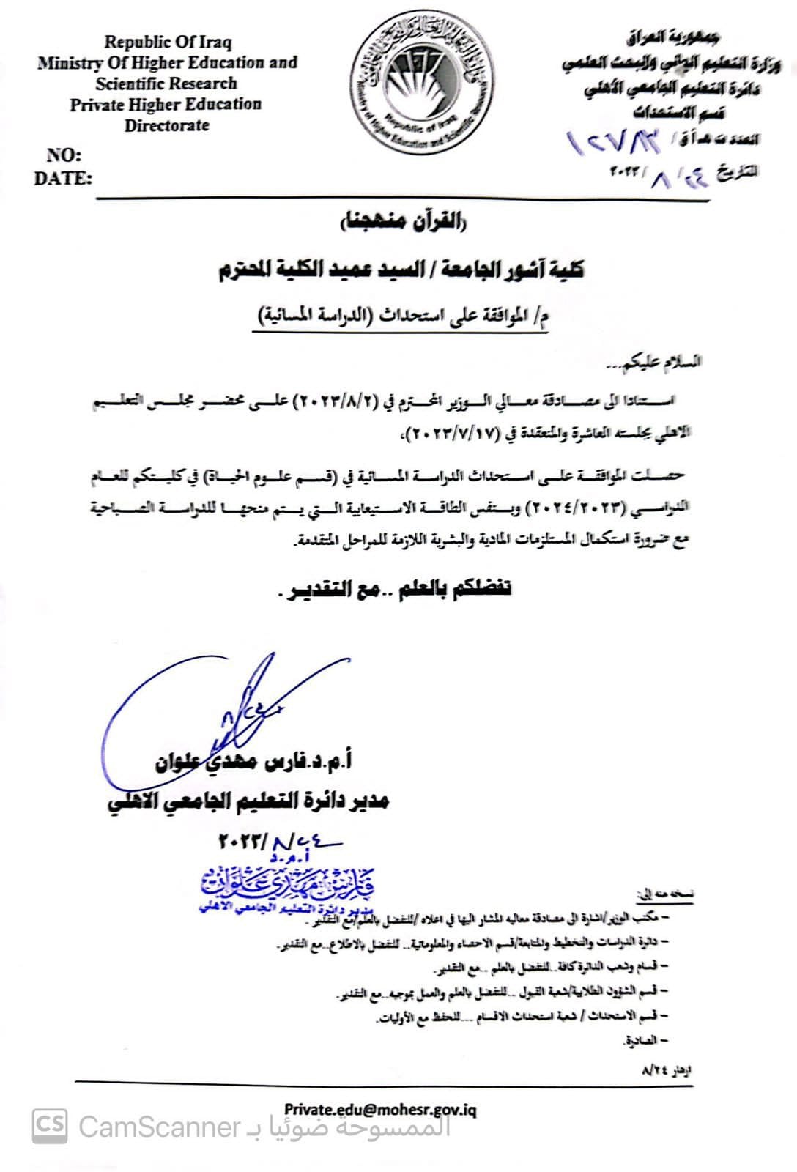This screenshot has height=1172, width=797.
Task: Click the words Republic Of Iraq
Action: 167,42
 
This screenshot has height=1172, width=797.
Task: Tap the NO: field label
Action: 64,155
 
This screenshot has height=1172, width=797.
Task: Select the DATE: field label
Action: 63,178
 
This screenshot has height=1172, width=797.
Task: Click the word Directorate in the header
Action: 166,125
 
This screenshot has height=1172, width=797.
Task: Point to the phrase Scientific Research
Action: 166,84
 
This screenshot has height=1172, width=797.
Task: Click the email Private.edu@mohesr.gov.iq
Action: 380,1110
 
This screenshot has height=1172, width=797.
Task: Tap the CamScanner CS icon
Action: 50,1126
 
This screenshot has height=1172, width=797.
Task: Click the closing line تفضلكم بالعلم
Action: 396,589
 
